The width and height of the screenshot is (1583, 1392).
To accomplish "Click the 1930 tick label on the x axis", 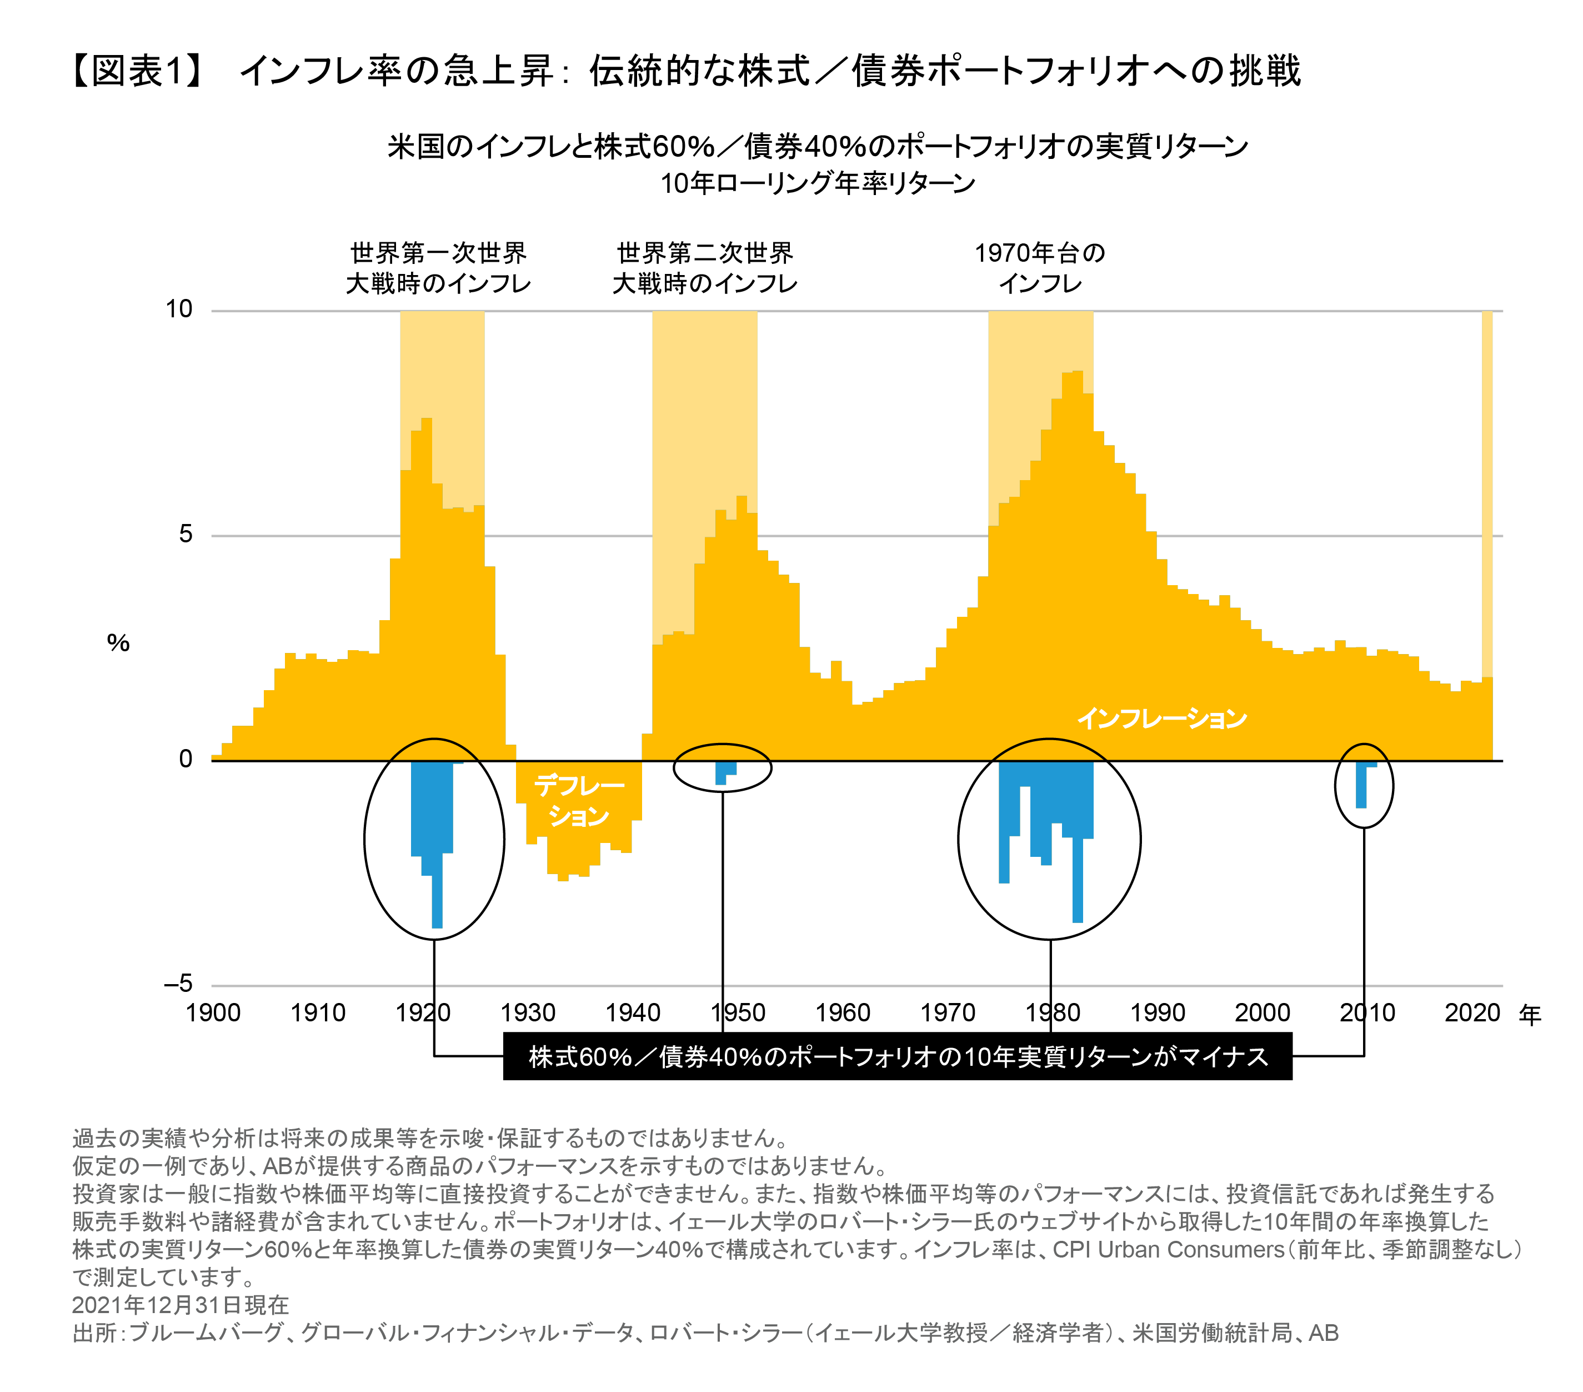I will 528,1012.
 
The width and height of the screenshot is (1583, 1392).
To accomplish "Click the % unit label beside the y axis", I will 118,643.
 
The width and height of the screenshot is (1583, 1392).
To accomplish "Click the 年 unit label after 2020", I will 1530,1014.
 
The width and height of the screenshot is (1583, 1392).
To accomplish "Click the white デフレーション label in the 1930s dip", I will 579,800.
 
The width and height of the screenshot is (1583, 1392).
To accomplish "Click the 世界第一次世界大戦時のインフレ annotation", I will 438,267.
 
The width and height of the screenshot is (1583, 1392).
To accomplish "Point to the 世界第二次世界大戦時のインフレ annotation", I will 705,267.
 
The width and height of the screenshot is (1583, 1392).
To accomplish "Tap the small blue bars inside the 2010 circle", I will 1361,786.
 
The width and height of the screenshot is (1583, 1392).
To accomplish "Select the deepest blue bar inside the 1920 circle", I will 437,891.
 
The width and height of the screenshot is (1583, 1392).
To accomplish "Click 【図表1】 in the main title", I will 138,71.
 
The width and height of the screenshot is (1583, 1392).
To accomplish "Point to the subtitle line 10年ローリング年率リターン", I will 817,183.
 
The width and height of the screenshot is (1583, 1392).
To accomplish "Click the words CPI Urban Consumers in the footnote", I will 1169,1250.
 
